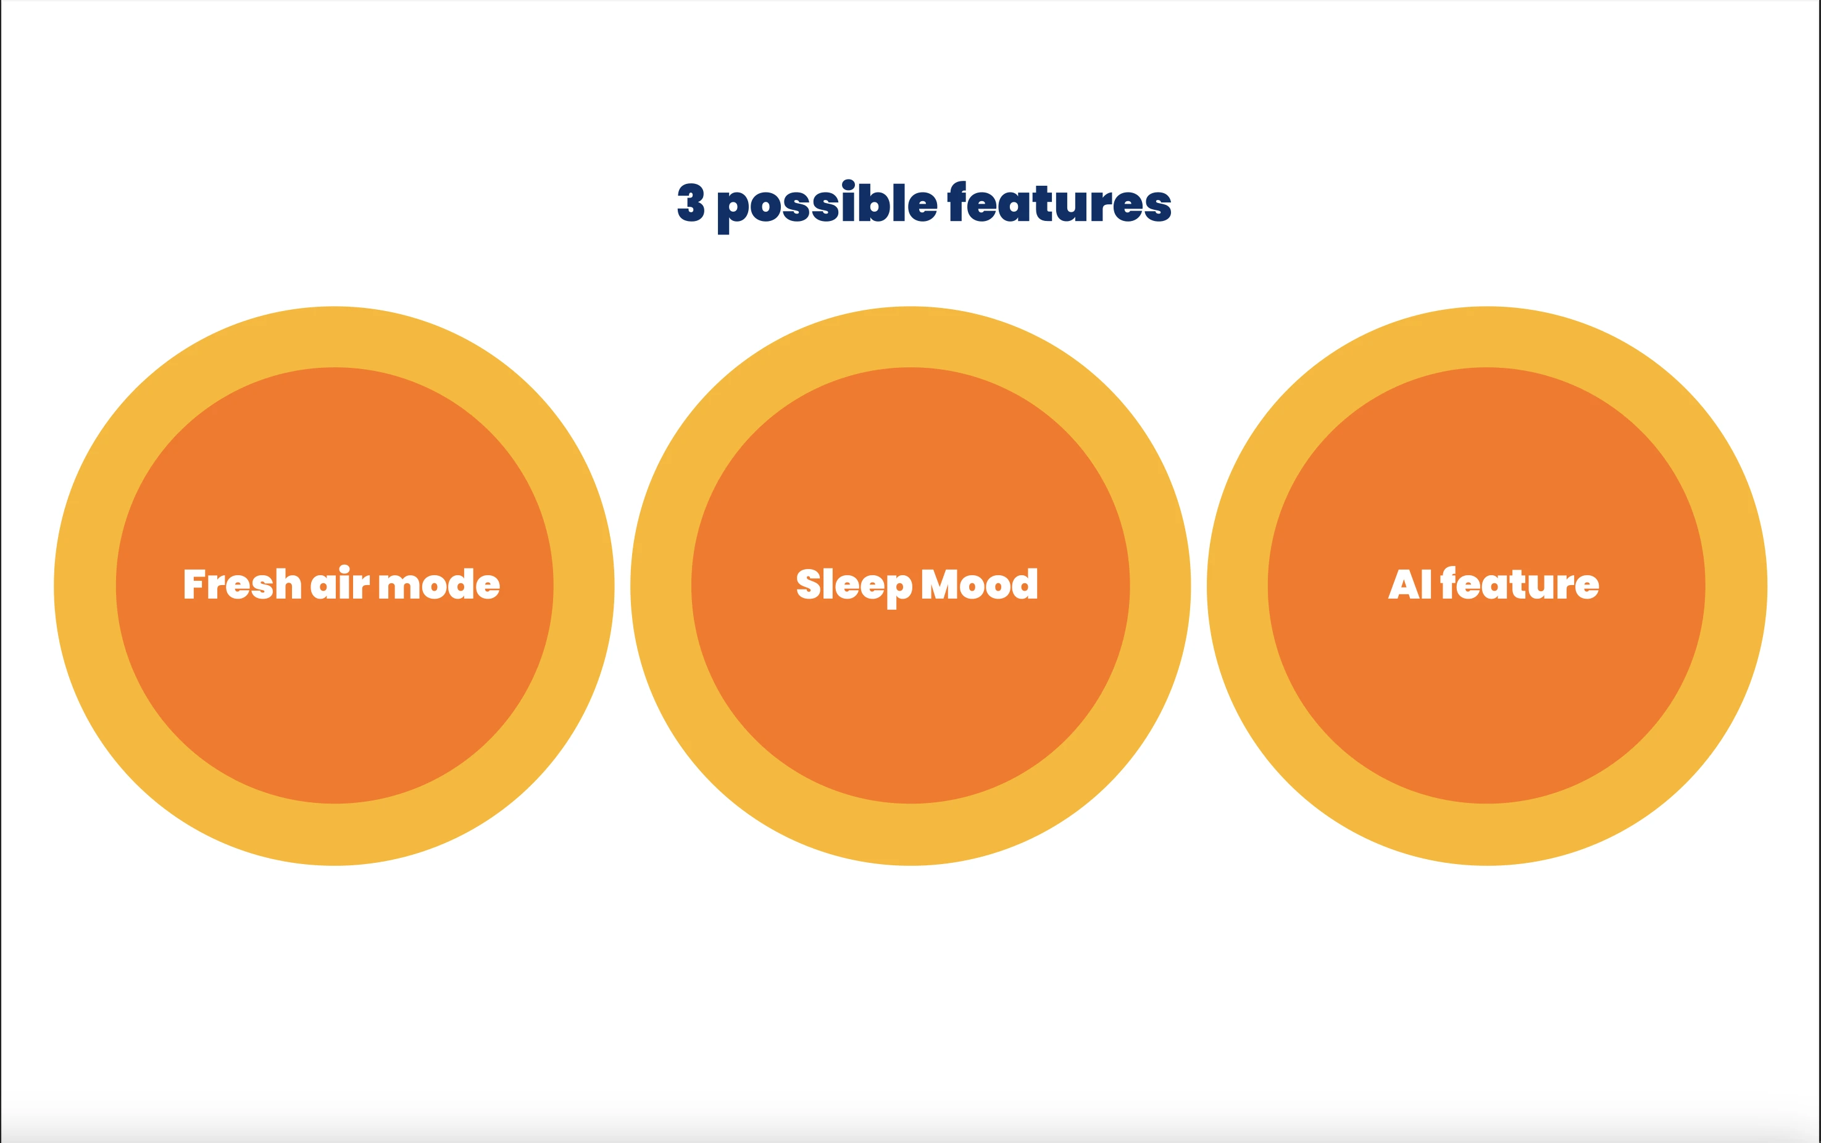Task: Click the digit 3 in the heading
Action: [x=691, y=202]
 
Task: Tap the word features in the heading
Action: [x=1060, y=202]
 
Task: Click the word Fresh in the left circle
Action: [x=243, y=584]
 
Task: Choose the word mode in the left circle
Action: [x=439, y=584]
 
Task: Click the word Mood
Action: [x=980, y=584]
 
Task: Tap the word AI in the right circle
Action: [x=1410, y=584]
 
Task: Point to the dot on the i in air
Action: [x=344, y=569]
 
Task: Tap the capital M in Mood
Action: [x=940, y=584]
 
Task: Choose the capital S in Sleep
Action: [x=809, y=584]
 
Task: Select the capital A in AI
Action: [x=1404, y=584]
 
